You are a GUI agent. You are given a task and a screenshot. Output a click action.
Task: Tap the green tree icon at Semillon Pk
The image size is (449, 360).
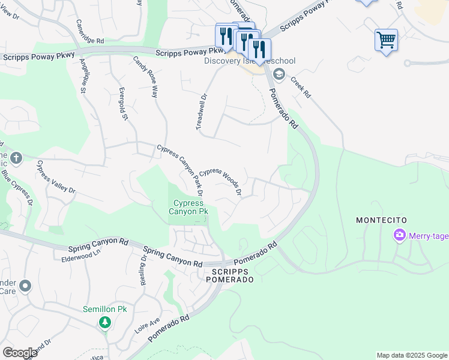point(105,323)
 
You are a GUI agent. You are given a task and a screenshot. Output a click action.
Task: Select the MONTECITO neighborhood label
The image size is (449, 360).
point(382,221)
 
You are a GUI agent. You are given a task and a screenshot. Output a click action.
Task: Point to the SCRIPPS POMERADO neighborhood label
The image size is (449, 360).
point(228,276)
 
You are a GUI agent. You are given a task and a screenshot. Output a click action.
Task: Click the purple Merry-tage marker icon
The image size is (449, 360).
point(399,236)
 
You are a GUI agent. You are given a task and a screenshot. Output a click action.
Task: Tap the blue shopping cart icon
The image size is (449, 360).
point(386,41)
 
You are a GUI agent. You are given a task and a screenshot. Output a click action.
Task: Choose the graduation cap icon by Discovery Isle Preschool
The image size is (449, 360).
point(278,74)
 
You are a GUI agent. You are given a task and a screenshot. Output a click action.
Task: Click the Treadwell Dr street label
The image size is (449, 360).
point(201,112)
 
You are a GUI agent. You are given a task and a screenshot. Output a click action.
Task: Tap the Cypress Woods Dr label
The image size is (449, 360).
point(220,181)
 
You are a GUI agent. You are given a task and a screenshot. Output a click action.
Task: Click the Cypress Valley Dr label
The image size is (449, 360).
point(56,176)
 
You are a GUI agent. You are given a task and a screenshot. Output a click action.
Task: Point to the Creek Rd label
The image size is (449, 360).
point(300,88)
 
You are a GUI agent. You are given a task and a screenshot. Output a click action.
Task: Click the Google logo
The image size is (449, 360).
point(20,352)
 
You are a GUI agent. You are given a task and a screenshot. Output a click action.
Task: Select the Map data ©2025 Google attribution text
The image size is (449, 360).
point(412,355)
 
